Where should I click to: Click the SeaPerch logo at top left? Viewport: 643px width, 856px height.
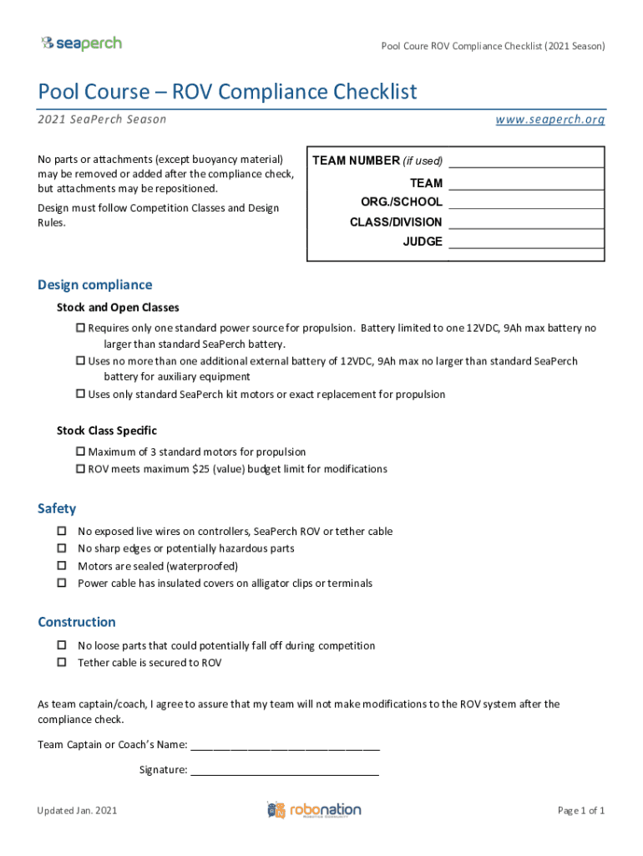click(81, 43)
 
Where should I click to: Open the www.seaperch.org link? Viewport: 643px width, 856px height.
click(549, 120)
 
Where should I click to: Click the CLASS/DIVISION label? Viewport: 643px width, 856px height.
click(396, 222)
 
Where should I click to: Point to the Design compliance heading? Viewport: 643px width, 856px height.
click(94, 285)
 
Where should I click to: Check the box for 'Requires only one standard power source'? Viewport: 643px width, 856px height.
click(81, 329)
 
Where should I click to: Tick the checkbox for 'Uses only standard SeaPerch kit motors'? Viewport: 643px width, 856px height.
click(81, 394)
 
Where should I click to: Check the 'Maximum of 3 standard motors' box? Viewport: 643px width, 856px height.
click(81, 451)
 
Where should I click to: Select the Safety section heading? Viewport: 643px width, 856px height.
click(57, 509)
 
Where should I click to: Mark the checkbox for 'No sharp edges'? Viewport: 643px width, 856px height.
click(62, 548)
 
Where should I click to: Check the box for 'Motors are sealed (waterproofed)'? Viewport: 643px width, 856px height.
click(62, 566)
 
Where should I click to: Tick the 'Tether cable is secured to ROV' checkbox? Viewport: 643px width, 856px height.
click(62, 663)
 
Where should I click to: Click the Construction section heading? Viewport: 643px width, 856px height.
click(77, 623)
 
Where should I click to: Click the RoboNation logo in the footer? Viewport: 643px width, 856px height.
click(314, 810)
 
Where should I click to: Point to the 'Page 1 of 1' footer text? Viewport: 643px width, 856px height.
click(580, 811)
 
